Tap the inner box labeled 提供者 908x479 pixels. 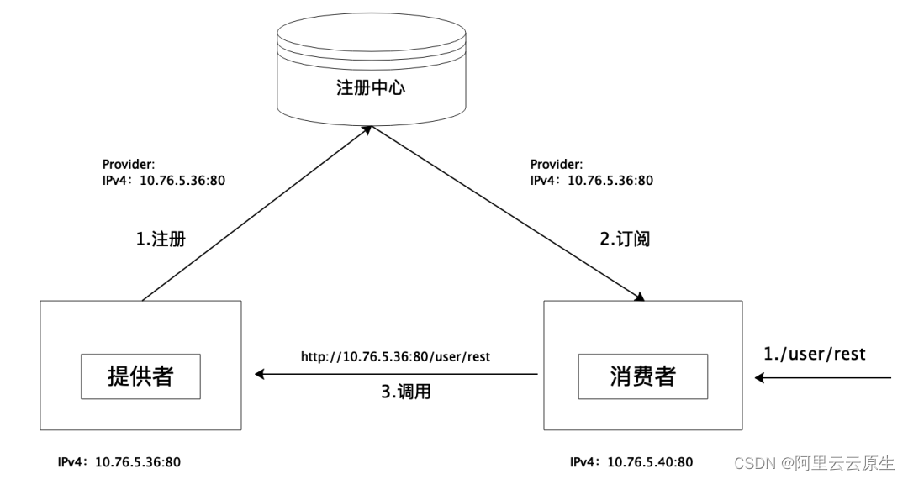click(x=140, y=376)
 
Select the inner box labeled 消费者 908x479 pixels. click(x=643, y=376)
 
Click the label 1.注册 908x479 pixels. click(x=160, y=239)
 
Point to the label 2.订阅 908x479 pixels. click(x=625, y=239)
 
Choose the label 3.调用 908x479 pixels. click(x=406, y=392)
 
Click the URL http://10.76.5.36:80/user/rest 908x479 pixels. click(x=395, y=357)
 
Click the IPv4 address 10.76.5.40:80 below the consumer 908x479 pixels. click(x=650, y=461)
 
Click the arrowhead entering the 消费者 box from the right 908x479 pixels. click(x=760, y=378)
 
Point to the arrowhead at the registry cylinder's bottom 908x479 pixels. click(x=367, y=129)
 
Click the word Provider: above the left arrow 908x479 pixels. click(x=129, y=165)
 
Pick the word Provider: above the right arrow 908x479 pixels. click(x=557, y=165)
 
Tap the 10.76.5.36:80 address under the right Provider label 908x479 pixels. click(x=610, y=180)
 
